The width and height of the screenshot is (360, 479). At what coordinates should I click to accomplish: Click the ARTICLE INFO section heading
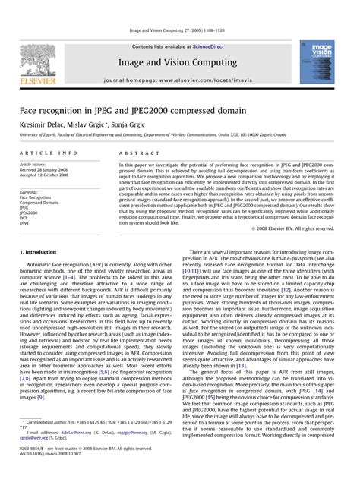[49, 153]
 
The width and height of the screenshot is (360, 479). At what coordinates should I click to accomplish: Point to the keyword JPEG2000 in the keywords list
[30, 213]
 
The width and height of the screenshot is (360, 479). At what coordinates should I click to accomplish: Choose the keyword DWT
[25, 224]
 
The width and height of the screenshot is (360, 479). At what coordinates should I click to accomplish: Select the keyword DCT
[25, 219]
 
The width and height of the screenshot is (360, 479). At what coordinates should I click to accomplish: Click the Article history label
[36, 164]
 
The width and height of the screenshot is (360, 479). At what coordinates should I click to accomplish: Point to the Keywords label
[29, 193]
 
